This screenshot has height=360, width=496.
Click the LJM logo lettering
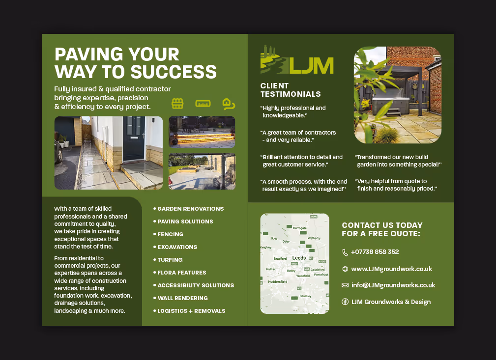pos(311,65)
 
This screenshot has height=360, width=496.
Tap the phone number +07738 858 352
pos(375,252)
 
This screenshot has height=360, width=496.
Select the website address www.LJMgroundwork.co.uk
pos(392,269)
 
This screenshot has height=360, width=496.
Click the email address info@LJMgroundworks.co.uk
pos(393,285)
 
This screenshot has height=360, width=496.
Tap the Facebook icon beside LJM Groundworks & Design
pos(345,302)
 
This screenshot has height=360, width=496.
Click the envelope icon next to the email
pos(345,285)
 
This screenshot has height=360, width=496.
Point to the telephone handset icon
pos(345,252)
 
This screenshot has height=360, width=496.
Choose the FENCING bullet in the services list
pos(170,234)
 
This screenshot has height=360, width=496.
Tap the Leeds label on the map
pos(299,258)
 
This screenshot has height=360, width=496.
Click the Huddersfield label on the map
pos(277,281)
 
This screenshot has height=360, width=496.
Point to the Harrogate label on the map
pos(299,228)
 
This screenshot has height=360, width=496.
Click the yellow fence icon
pos(177,103)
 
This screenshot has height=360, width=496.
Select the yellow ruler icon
pos(203,104)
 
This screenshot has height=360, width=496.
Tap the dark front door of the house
pos(134,138)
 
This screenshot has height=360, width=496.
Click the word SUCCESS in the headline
pos(174,72)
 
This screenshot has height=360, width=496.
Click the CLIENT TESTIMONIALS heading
pos(291,90)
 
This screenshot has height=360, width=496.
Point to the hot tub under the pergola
pos(391,104)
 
